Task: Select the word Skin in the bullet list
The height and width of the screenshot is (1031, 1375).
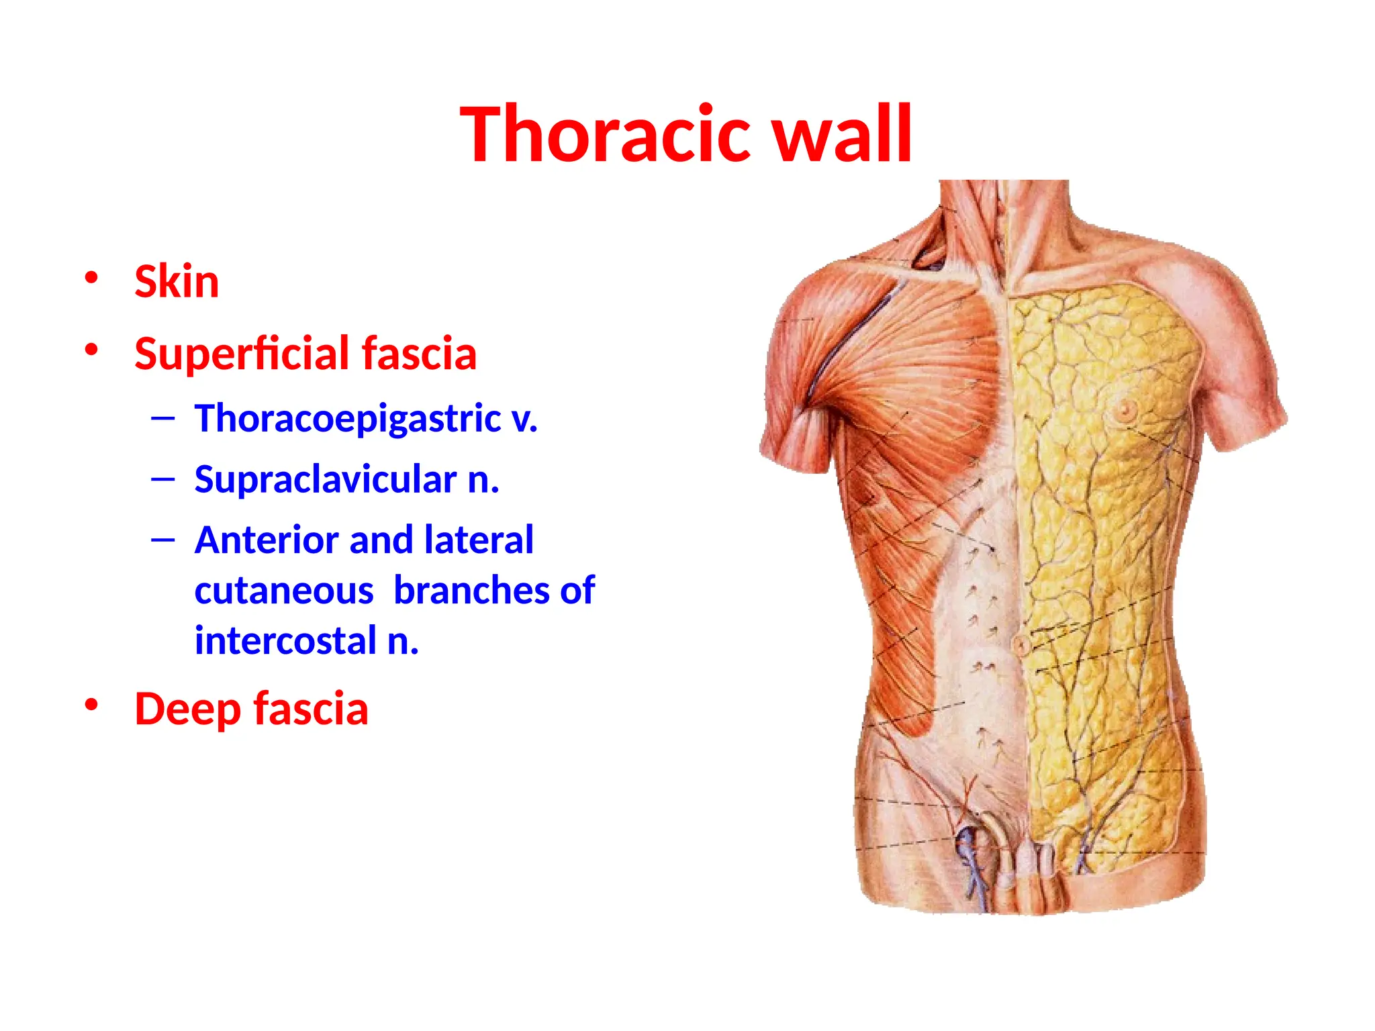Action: [177, 282]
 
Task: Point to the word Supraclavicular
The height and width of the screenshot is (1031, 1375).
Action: [326, 480]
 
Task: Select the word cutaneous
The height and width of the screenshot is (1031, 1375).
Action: [284, 591]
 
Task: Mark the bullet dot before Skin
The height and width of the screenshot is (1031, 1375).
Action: [92, 277]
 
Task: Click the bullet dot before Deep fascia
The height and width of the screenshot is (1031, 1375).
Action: [92, 705]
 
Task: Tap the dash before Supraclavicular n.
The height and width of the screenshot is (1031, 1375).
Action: [163, 479]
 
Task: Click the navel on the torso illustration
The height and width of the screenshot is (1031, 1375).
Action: [1021, 646]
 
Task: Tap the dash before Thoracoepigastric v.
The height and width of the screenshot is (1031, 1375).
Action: [163, 420]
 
